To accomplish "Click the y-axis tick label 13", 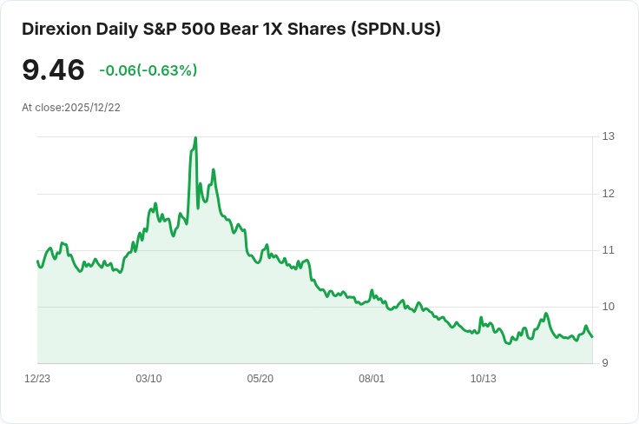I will click(609, 136).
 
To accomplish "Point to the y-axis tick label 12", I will click(609, 193).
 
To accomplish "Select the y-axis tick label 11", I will click(609, 250).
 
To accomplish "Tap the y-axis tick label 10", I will click(609, 307).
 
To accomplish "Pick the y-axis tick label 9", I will click(606, 363).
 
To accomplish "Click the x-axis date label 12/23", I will click(37, 379).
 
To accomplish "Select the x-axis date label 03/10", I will click(148, 379).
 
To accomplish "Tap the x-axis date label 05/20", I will click(260, 379).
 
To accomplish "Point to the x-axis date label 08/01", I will click(372, 379).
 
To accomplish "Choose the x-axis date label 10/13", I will click(483, 379).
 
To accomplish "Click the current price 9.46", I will click(53, 70).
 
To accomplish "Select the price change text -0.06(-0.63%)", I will click(148, 71).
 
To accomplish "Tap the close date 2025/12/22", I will click(92, 108).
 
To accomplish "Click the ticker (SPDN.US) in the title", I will click(396, 29).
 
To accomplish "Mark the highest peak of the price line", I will click(195, 137).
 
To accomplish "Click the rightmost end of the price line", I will click(592, 337).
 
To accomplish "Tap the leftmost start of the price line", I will click(37, 261).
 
